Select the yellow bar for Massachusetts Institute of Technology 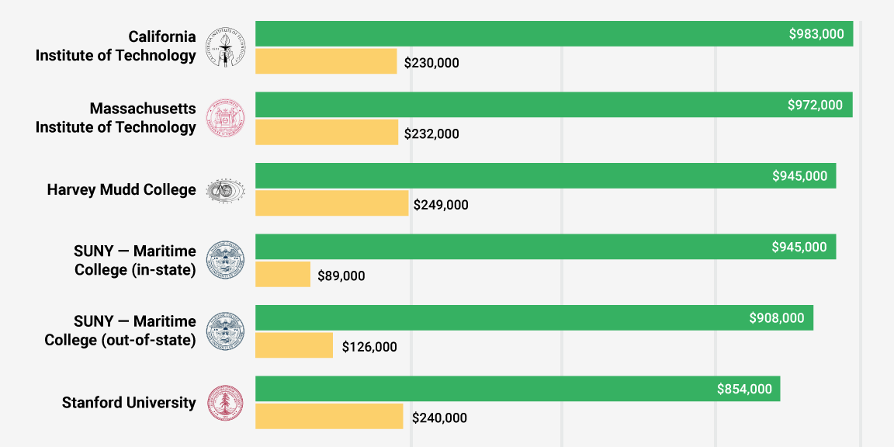point(327,133)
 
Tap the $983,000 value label point(816,34)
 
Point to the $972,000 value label point(815,105)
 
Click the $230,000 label point(431,63)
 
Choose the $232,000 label point(431,134)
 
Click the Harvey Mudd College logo point(225,189)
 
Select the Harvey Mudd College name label point(121,189)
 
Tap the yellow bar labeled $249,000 point(331,203)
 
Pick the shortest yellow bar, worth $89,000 point(282,275)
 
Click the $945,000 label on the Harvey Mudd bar point(799,176)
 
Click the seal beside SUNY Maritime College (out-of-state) point(225,331)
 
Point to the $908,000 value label point(777,318)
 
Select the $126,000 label point(369,347)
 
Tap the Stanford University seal point(225,403)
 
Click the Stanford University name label point(129,403)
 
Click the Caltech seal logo point(225,47)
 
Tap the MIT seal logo point(225,118)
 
